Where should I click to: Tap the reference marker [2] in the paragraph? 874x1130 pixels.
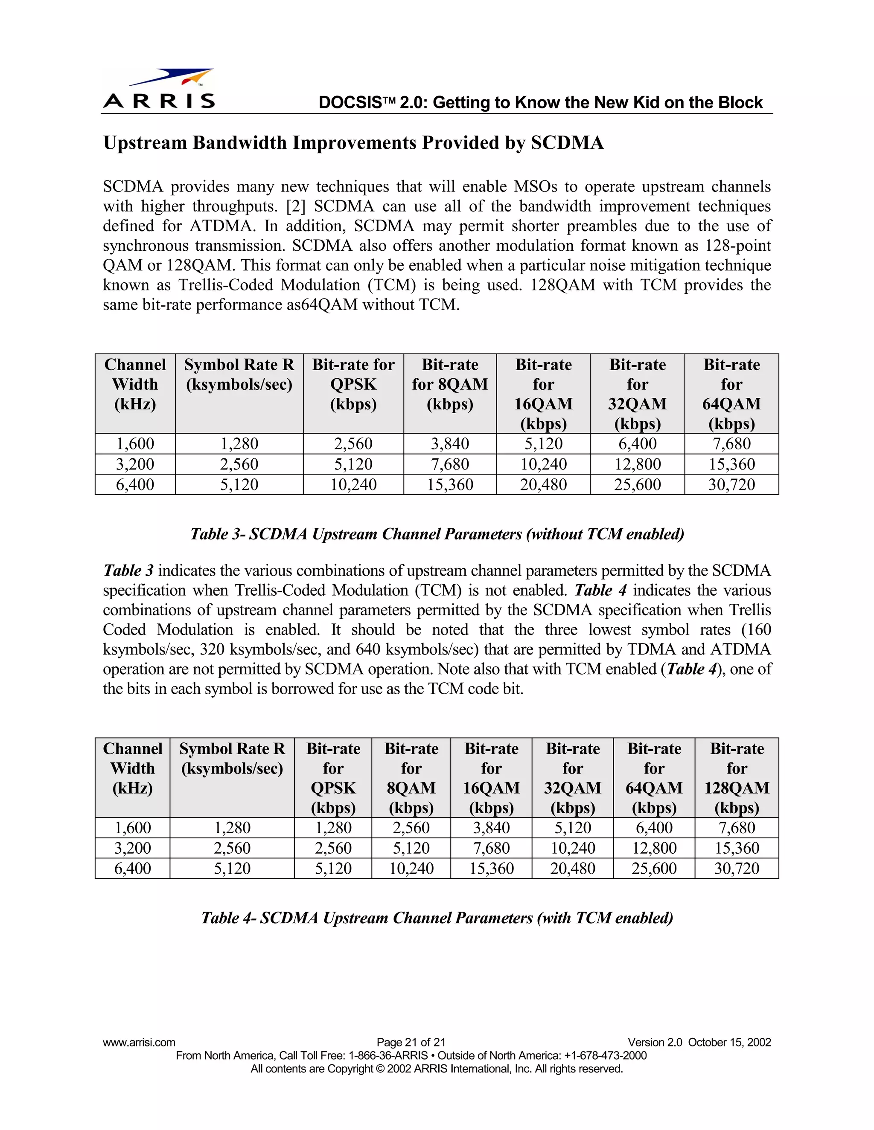coord(296,206)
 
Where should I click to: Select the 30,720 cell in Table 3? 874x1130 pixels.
coord(731,485)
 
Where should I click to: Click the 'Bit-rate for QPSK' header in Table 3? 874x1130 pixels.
coord(353,384)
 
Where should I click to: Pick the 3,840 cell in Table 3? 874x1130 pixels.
coord(449,444)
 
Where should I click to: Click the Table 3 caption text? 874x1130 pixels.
coord(437,534)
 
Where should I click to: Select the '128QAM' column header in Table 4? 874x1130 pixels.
coord(736,778)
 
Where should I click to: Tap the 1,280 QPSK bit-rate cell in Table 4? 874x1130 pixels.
coord(333,828)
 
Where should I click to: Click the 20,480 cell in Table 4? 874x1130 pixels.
coord(572,869)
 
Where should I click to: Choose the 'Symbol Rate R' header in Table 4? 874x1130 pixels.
coord(232,759)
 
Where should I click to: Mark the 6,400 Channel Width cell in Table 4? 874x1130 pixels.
coord(133,869)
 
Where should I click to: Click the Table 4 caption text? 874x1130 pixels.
coord(437,918)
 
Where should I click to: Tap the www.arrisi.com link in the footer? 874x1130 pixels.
coord(139,1043)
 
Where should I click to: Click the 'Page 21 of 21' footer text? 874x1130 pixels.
coord(411,1043)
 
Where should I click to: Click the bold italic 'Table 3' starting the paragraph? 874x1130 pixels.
coord(128,571)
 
